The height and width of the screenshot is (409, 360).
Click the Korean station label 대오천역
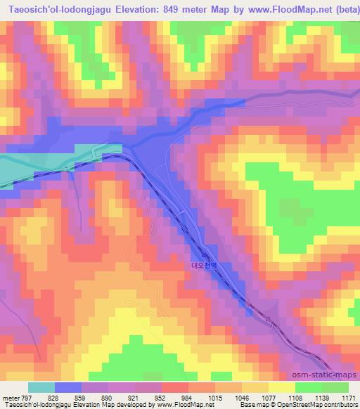point(205,266)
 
